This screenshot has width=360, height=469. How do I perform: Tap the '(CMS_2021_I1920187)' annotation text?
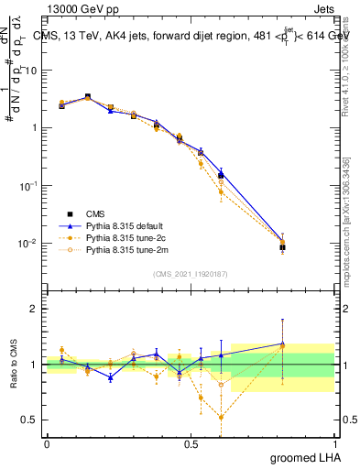(x=190, y=272)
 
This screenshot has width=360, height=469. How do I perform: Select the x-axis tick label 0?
(x=46, y=442)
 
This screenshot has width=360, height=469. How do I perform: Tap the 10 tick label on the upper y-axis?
(x=31, y=70)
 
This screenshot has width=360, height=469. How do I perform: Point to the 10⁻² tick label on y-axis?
(x=30, y=243)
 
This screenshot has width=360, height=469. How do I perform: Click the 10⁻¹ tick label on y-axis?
(x=30, y=185)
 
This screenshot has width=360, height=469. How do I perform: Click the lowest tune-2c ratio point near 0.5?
(x=221, y=417)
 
